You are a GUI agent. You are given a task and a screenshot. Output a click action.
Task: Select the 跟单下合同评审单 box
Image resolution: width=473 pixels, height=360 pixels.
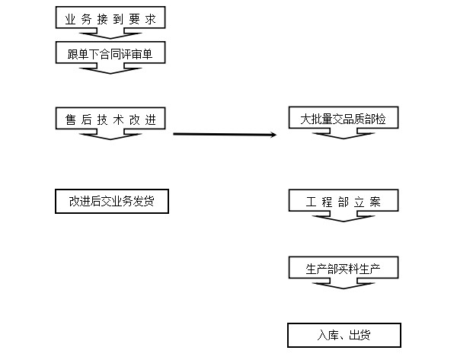[110, 53]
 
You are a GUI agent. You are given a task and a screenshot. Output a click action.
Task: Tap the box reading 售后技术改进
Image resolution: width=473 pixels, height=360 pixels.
[110, 119]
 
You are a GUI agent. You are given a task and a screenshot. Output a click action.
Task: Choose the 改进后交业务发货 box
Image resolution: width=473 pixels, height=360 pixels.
[111, 202]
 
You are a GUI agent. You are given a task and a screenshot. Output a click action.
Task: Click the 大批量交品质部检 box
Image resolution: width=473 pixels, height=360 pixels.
[344, 119]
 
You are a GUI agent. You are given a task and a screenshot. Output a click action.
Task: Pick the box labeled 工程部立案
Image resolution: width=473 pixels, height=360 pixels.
[344, 202]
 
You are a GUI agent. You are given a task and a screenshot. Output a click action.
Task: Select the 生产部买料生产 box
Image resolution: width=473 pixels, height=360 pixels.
[344, 268]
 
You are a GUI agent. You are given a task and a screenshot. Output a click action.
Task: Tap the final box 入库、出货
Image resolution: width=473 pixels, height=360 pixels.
[344, 335]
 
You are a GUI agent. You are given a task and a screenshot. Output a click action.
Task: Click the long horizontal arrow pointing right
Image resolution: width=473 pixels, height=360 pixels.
[225, 135]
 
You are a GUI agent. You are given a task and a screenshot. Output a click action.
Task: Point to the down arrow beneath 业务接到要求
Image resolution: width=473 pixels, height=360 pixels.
[110, 33]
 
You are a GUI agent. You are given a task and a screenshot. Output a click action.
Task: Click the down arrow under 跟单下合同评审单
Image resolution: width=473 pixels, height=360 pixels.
[110, 68]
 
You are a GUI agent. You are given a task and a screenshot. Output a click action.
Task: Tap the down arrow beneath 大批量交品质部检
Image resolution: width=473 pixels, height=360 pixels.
[344, 134]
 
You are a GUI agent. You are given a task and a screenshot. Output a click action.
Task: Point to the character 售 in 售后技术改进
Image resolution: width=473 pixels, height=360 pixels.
[70, 119]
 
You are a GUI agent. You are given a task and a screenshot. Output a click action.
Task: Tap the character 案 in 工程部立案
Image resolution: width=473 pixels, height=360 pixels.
[372, 202]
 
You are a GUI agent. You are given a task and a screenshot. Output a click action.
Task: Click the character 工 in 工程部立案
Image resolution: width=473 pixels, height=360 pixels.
[312, 202]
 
